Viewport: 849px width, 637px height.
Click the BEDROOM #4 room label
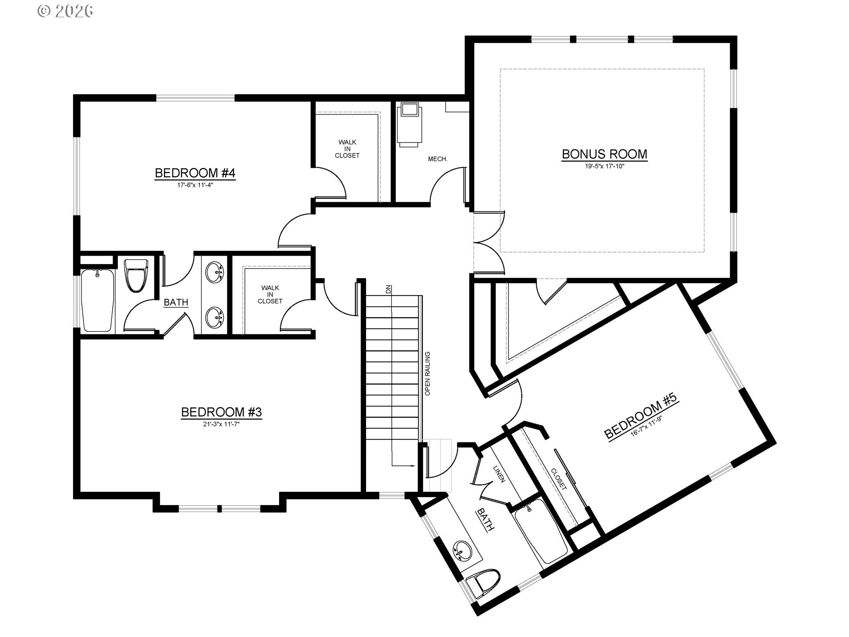[195, 173]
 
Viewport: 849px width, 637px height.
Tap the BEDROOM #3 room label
[222, 412]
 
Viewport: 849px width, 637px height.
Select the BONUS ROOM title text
[604, 154]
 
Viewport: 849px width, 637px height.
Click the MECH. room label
[438, 159]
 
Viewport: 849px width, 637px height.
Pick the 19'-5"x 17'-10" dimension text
[604, 166]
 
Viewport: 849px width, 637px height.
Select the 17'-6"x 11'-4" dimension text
[195, 185]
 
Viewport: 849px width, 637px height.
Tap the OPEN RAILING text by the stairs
[428, 374]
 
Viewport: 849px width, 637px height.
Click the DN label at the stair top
[388, 290]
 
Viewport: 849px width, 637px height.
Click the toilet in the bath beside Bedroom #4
[136, 275]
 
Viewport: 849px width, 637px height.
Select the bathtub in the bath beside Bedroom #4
[98, 300]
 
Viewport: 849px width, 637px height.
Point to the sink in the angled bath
[463, 551]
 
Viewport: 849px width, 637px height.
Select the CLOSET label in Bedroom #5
[559, 479]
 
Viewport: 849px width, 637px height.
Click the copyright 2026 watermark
[65, 11]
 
